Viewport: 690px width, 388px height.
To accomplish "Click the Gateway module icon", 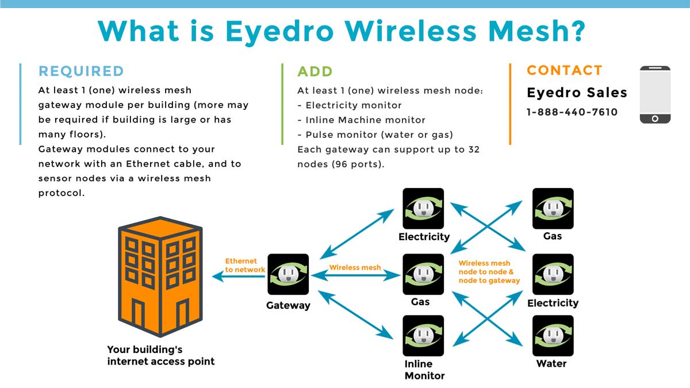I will pyautogui.click(x=288, y=275).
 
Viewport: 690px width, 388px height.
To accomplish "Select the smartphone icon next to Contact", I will pyautogui.click(x=655, y=94).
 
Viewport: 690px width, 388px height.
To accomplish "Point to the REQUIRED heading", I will pyautogui.click(x=81, y=71).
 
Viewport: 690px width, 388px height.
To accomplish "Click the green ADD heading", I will pyautogui.click(x=315, y=72).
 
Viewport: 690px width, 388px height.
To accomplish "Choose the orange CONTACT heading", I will pyautogui.click(x=565, y=71).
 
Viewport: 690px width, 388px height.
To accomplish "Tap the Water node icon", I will pyautogui.click(x=553, y=336).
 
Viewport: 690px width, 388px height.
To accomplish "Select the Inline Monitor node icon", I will pyautogui.click(x=424, y=336).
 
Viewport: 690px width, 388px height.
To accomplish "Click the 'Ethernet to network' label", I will pyautogui.click(x=245, y=265).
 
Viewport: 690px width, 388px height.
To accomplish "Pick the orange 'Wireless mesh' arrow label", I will pyautogui.click(x=355, y=267).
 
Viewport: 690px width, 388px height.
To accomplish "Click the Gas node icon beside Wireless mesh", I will pyautogui.click(x=424, y=275).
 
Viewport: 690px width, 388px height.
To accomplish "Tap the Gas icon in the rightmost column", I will pyautogui.click(x=553, y=209).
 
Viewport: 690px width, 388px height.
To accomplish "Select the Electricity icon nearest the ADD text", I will pyautogui.click(x=424, y=209).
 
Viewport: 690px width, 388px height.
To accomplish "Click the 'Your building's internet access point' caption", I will pyautogui.click(x=160, y=355).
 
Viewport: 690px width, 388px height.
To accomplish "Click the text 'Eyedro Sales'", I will pyautogui.click(x=577, y=93).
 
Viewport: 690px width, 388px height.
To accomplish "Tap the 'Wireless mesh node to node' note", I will pyautogui.click(x=489, y=272).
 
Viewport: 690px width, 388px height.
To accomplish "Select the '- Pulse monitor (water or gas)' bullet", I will pyautogui.click(x=375, y=135).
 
